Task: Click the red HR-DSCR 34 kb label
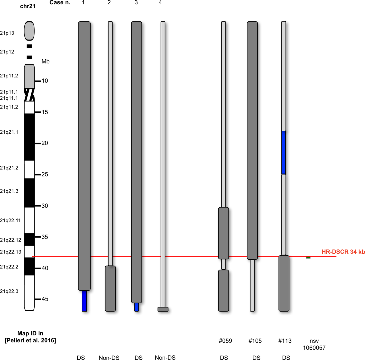[343, 252]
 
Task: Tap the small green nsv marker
[308, 258]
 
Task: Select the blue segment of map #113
[283, 152]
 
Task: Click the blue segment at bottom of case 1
[84, 301]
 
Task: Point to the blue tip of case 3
[137, 307]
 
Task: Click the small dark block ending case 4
[163, 309]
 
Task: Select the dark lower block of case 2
[110, 288]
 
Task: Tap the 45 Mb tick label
[45, 299]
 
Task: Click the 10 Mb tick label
[45, 81]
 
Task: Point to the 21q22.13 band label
[11, 252]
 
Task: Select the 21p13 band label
[7, 33]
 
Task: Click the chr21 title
[28, 6]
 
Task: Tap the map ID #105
[255, 341]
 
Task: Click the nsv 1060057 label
[314, 344]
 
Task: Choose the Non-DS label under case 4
[165, 358]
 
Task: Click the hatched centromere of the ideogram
[29, 95]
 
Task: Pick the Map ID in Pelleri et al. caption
[30, 337]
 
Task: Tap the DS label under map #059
[224, 358]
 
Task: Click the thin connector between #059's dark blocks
[224, 264]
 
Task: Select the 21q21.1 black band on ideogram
[29, 137]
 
